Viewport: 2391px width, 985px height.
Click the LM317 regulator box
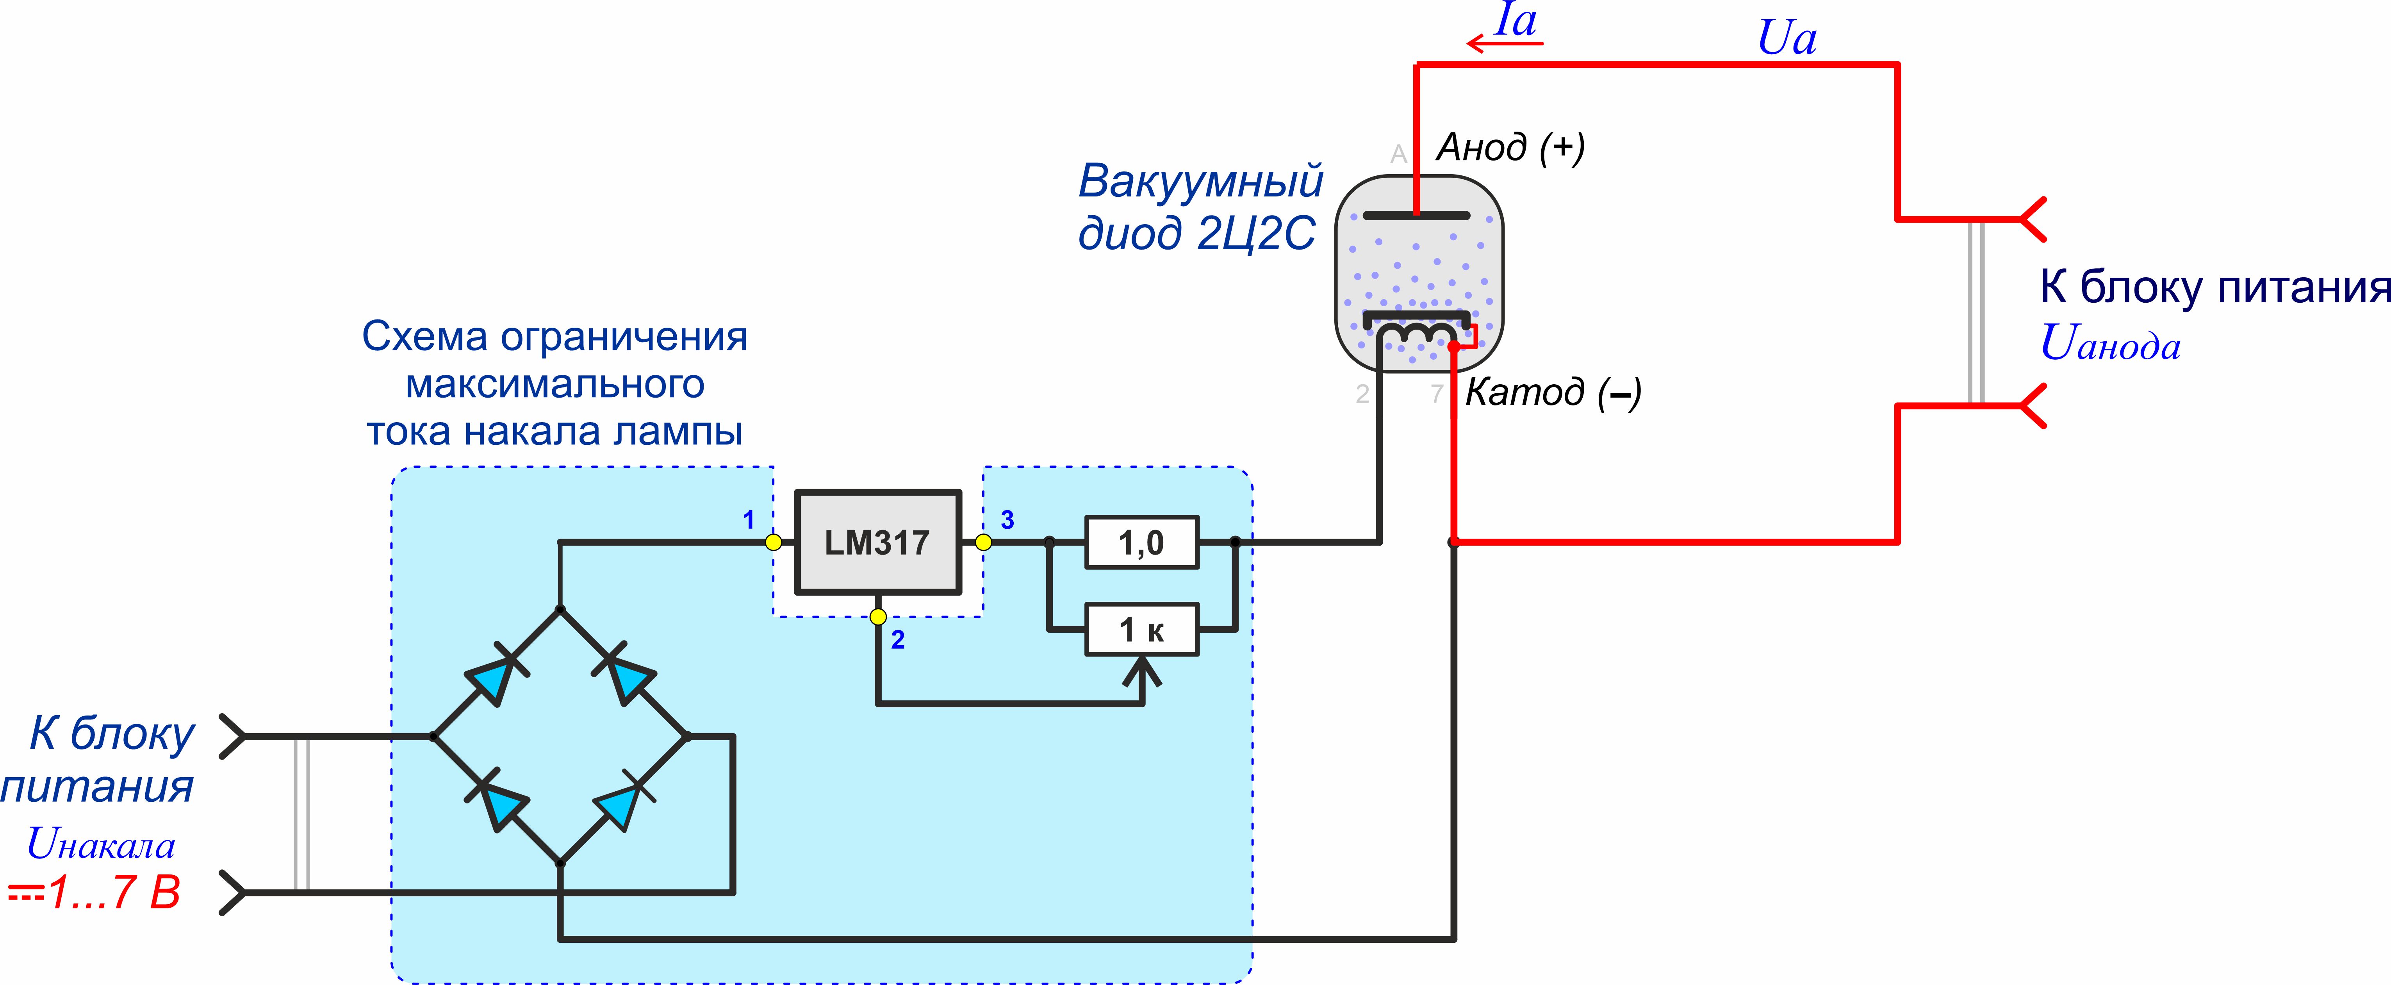click(877, 542)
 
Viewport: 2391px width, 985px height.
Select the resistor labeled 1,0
click(1142, 542)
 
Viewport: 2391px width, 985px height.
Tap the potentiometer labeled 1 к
click(1142, 630)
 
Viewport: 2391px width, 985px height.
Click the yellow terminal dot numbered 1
click(773, 542)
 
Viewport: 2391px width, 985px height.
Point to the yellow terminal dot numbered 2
click(878, 616)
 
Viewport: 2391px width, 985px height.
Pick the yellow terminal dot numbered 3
click(984, 542)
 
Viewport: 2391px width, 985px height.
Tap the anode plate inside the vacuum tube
click(1416, 215)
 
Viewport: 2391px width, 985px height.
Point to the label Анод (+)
click(1510, 147)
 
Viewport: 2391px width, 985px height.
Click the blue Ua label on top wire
click(1787, 39)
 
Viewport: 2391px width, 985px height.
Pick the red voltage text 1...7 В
click(111, 893)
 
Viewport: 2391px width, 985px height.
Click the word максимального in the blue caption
click(555, 384)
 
